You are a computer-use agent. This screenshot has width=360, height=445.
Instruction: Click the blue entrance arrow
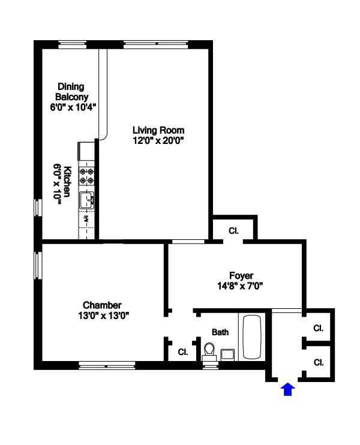pos(288,390)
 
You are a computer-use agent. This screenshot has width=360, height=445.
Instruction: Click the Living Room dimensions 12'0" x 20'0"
pos(158,140)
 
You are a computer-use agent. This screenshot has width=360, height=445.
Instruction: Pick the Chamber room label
pos(102,305)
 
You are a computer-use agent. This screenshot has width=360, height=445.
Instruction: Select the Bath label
pos(220,332)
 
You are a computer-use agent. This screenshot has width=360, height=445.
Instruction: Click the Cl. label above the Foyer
pos(233,230)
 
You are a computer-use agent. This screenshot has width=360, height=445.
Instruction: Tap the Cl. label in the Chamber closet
pos(182,352)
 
